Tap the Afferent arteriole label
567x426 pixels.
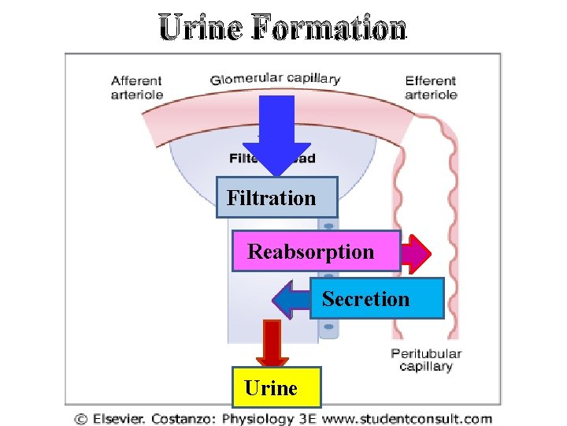tap(137, 88)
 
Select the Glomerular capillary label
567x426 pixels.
tap(275, 79)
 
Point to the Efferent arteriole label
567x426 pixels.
tap(431, 88)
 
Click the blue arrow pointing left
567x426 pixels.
tap(291, 299)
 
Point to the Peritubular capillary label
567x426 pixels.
tap(426, 360)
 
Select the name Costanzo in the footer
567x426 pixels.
tap(187, 419)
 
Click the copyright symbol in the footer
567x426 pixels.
tap(81, 420)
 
